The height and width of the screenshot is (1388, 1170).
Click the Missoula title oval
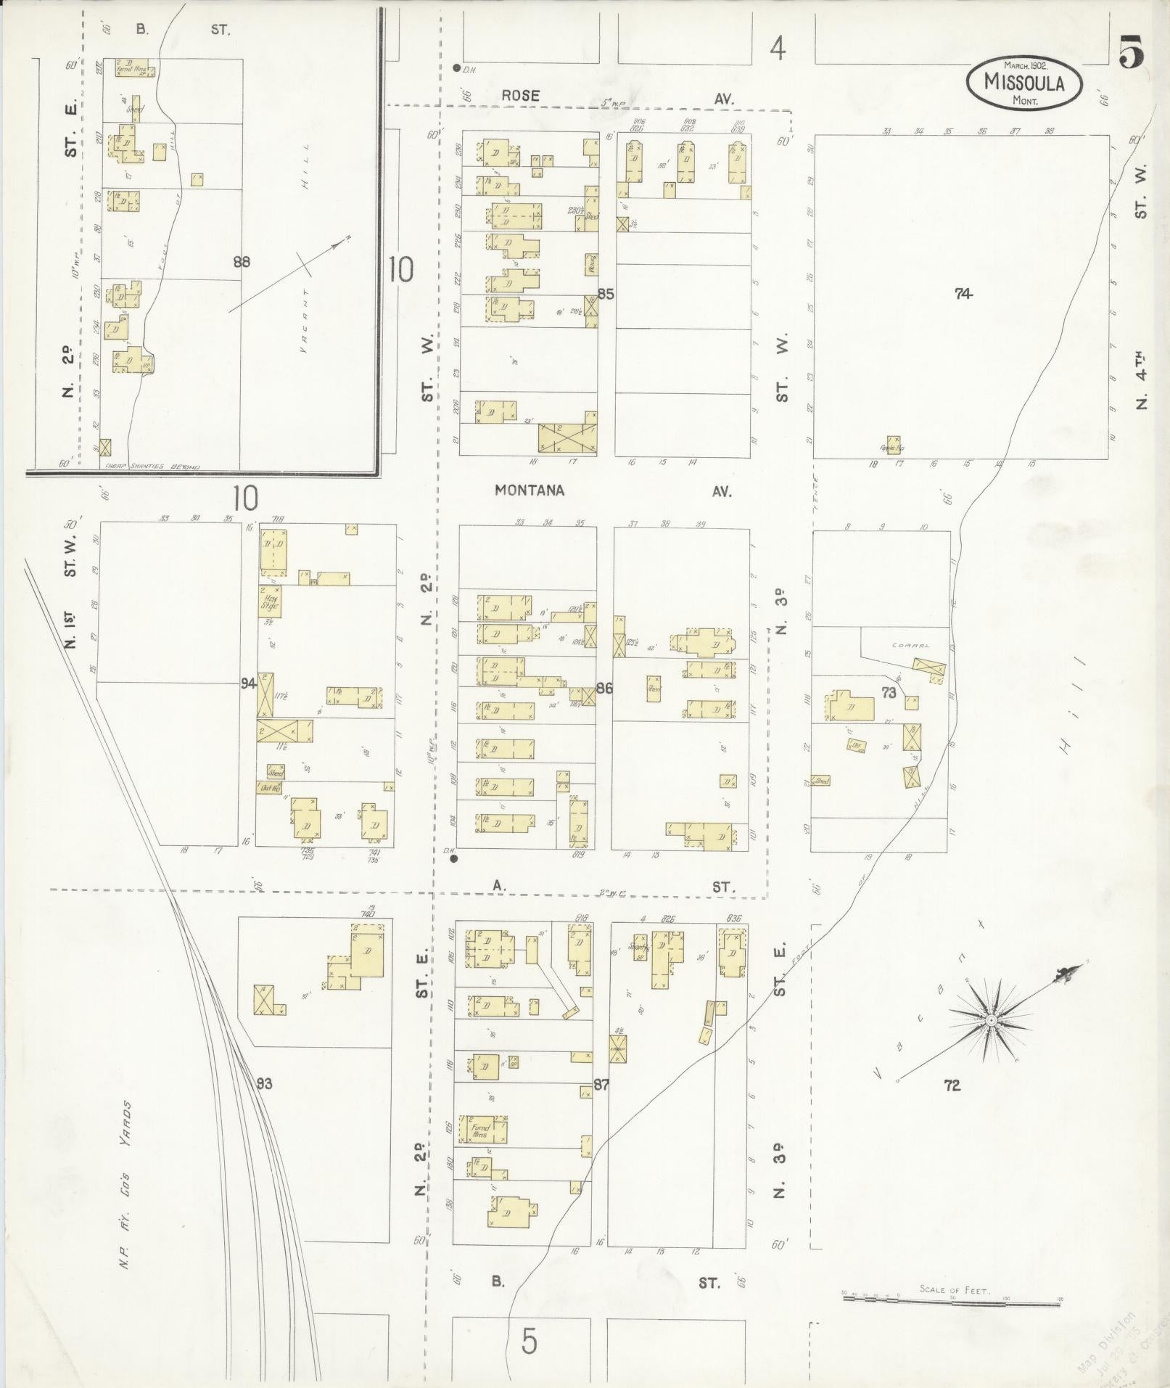point(1024,83)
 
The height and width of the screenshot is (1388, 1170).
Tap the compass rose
point(990,1020)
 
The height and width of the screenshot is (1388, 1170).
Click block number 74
point(963,294)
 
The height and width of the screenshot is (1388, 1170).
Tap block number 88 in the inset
point(241,262)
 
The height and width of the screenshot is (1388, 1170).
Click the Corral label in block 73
point(912,644)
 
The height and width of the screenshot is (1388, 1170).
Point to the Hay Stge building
point(270,601)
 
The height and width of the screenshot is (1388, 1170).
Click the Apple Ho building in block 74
point(893,446)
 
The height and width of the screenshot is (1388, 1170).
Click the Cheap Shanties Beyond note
point(152,467)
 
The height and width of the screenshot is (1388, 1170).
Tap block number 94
point(248,683)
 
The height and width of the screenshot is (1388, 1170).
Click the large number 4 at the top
point(778,49)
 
